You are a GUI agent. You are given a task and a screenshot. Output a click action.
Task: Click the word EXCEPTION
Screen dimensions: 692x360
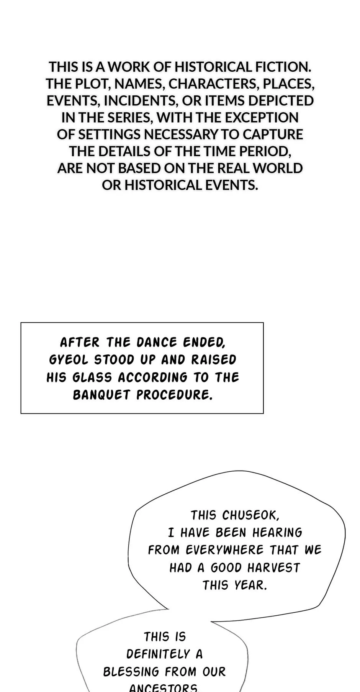coord(262,118)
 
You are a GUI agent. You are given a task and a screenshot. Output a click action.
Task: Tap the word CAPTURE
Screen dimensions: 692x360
coord(273,134)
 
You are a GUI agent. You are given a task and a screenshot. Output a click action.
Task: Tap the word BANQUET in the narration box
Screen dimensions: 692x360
coord(101,395)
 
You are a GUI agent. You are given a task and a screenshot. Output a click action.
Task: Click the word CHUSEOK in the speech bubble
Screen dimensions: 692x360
coord(250,515)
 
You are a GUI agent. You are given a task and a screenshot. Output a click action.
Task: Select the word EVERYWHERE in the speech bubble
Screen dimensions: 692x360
coord(225,550)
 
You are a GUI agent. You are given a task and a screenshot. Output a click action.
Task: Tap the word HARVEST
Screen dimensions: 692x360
coord(274,568)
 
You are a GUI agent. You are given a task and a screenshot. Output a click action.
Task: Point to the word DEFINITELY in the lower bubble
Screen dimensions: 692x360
coord(158,654)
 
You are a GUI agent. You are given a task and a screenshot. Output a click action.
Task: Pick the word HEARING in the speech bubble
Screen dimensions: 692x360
coord(277,533)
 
